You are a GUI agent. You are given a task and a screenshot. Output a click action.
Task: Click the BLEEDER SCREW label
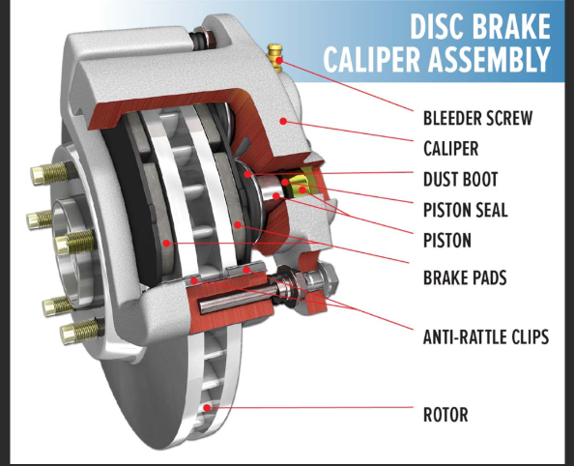click(x=477, y=119)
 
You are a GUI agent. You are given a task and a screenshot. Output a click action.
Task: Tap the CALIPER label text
click(x=451, y=149)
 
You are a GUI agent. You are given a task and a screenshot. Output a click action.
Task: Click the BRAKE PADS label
click(x=466, y=278)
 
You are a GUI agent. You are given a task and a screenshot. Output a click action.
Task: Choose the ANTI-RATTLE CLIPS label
click(x=485, y=337)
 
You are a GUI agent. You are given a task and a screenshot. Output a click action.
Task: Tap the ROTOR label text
click(x=445, y=416)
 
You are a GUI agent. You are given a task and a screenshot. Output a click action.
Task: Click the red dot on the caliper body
click(x=282, y=121)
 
